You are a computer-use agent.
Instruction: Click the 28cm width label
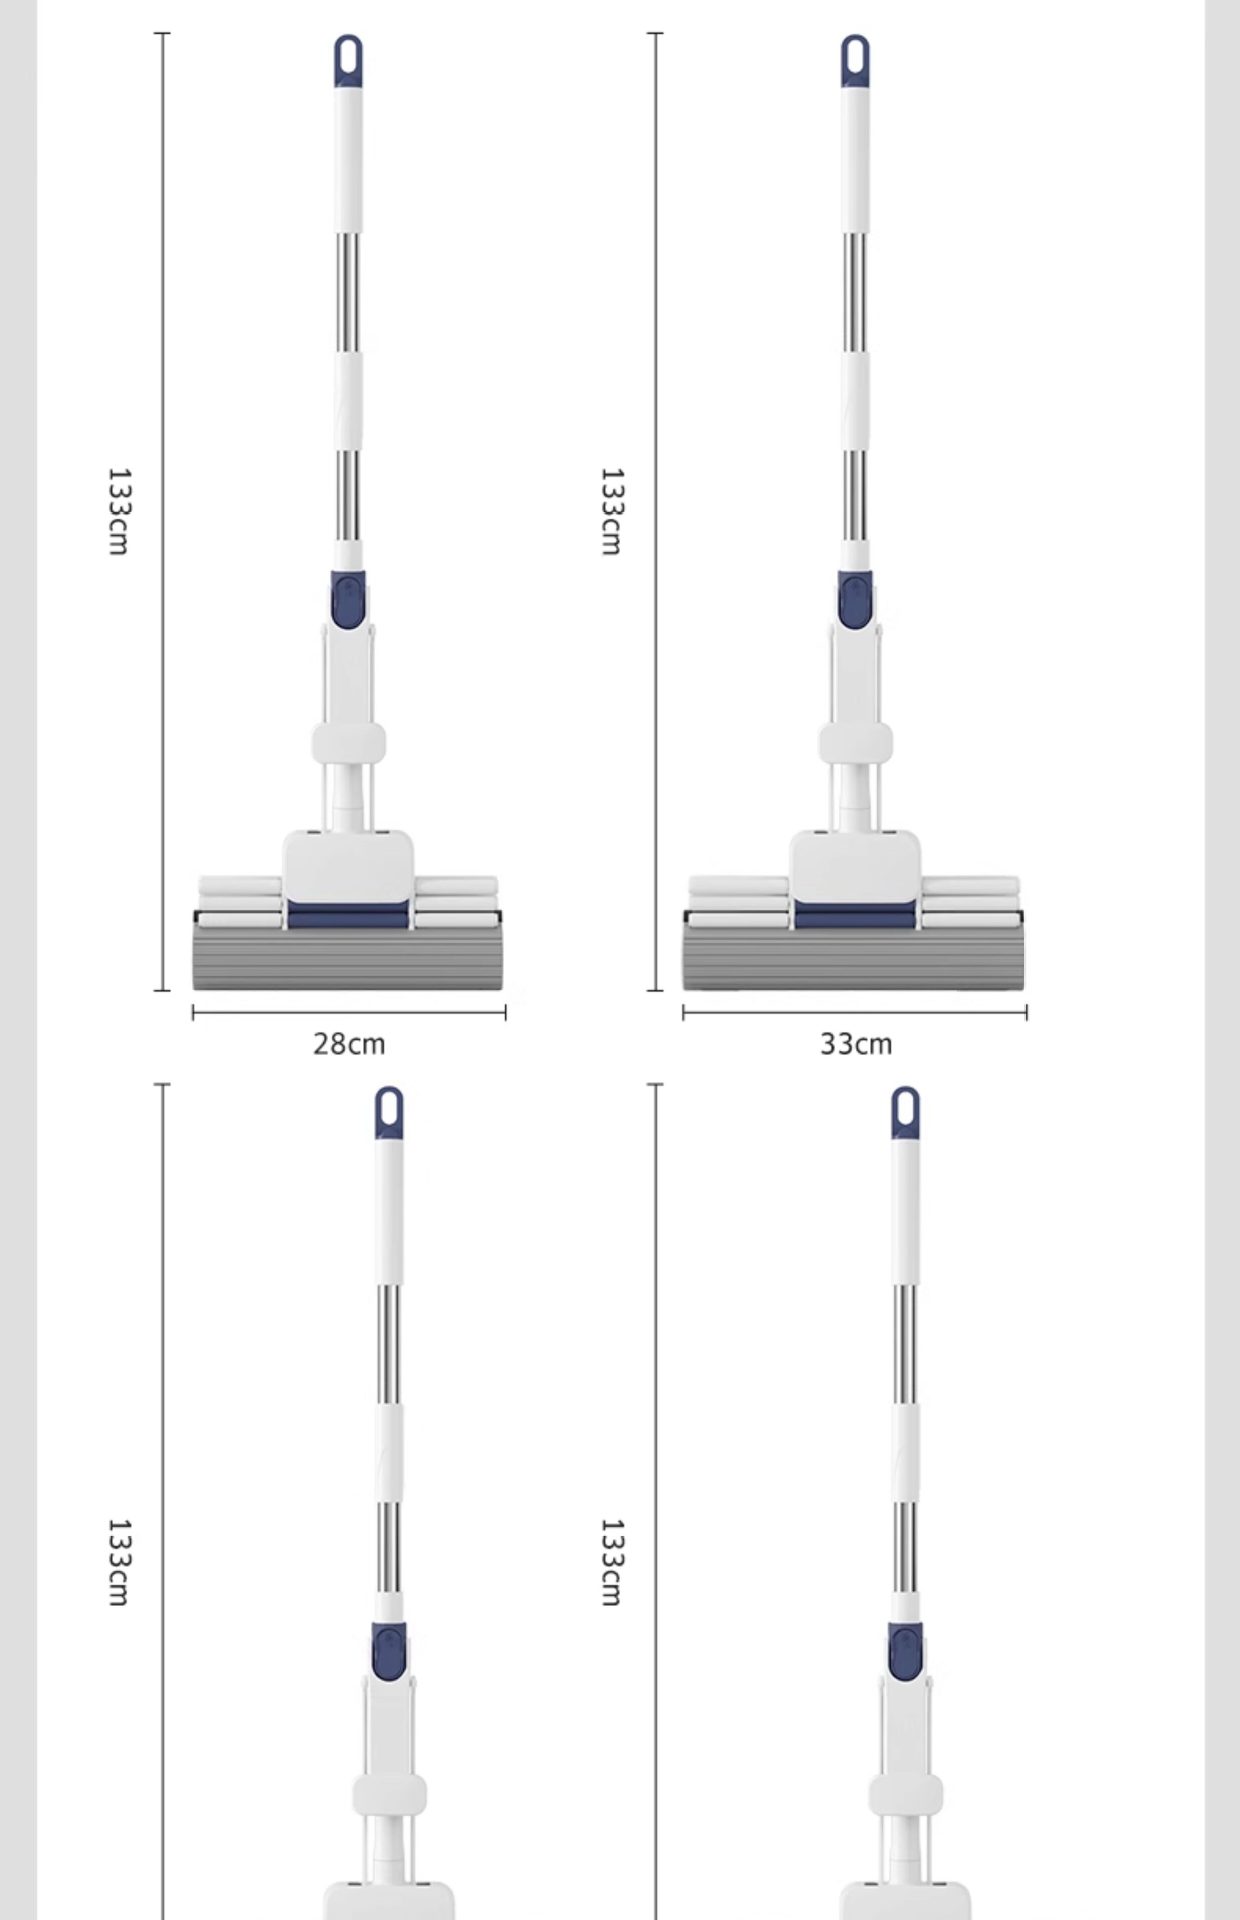[349, 1044]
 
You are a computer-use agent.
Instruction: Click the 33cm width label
[856, 1044]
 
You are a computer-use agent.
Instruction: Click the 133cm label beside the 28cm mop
[118, 511]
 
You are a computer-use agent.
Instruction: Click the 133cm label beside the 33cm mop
[611, 511]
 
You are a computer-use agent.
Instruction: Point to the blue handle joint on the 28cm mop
[349, 600]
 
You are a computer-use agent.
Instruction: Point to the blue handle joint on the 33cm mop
[855, 600]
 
